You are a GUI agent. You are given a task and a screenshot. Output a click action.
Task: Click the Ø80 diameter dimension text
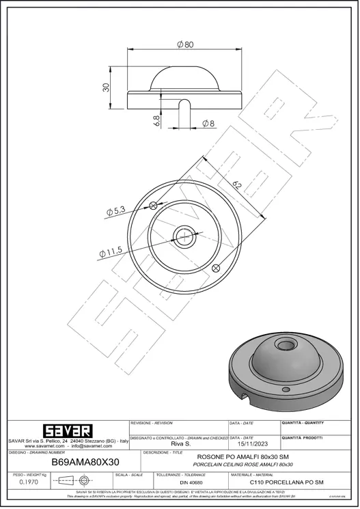[184, 44]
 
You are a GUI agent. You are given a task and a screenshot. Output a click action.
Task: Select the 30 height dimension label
[107, 88]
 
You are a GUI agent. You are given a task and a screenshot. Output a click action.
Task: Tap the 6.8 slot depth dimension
[158, 121]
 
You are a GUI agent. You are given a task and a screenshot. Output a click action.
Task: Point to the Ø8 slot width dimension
[208, 124]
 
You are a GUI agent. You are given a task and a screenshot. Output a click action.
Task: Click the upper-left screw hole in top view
[154, 205]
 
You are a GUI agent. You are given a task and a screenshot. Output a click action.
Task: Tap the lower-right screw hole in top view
[216, 267]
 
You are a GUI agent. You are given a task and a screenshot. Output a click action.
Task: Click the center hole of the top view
[184, 236]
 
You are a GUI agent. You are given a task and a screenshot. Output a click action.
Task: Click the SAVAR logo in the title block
[67, 431]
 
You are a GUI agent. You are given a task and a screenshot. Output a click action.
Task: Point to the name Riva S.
[180, 443]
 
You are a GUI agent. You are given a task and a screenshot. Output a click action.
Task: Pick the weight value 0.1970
[28, 482]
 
